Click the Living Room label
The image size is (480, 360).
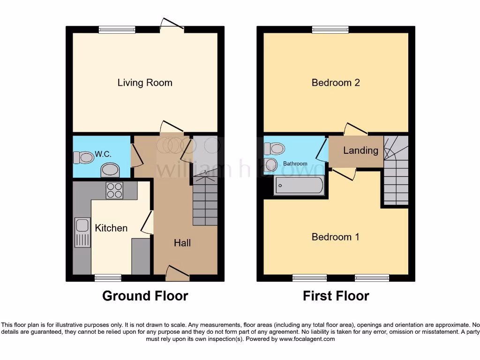click(145, 83)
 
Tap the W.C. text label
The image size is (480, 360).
click(103, 153)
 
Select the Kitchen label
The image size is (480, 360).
click(111, 228)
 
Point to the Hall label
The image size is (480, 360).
click(182, 243)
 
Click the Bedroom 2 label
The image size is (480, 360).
click(336, 83)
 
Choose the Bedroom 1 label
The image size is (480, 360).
click(336, 237)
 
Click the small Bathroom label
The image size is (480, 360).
click(295, 164)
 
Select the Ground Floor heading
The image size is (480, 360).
click(145, 296)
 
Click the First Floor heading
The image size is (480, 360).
click(336, 296)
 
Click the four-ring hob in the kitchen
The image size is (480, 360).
click(114, 190)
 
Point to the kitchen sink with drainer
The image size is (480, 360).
click(82, 232)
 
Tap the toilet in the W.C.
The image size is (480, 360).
click(83, 157)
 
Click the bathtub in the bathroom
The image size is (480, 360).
click(299, 186)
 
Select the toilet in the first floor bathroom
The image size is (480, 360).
click(275, 149)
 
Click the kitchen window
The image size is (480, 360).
click(108, 278)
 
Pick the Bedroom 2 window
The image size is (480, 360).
click(330, 30)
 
